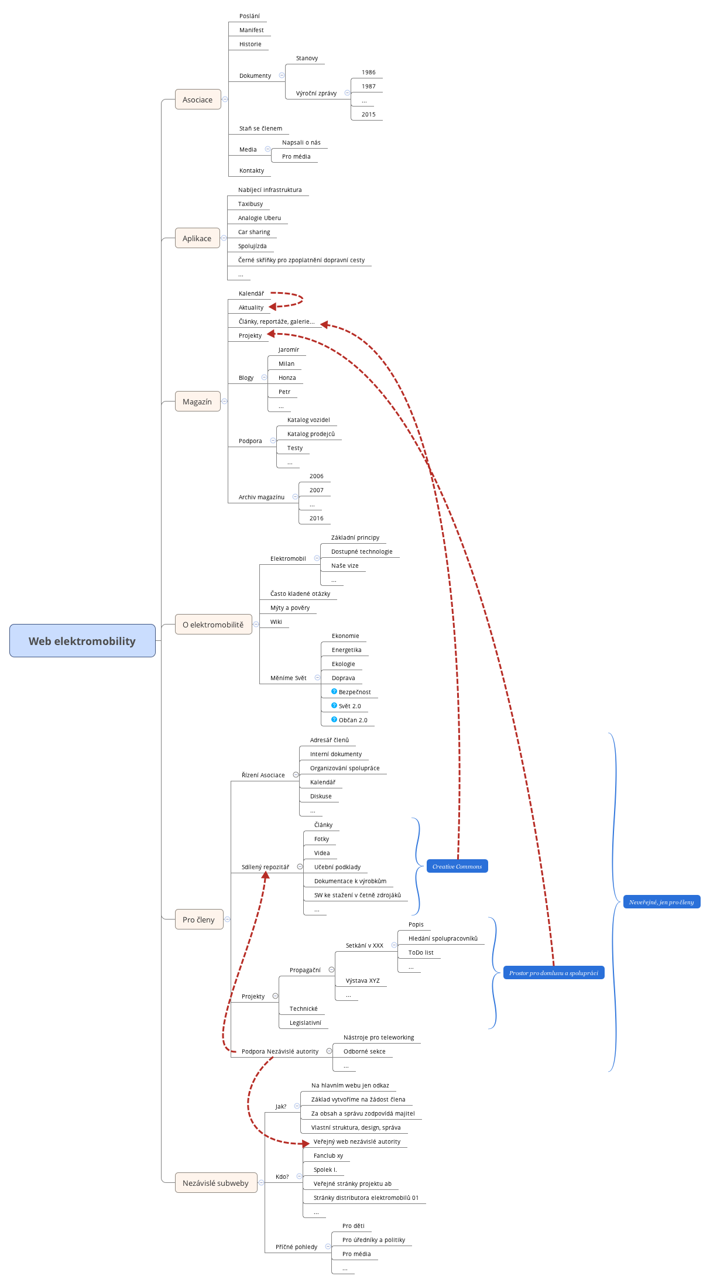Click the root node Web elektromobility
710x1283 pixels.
[82, 641]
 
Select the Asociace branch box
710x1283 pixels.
[198, 100]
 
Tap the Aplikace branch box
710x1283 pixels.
[197, 238]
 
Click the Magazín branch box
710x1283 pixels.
[197, 402]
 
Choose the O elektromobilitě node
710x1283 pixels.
[213, 625]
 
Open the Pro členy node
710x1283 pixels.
[198, 920]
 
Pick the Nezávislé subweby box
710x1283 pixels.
[215, 1183]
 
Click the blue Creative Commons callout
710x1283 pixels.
[457, 866]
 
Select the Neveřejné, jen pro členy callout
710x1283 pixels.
[661, 902]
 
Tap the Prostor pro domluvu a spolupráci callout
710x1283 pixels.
[553, 973]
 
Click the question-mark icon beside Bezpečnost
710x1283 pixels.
[334, 691]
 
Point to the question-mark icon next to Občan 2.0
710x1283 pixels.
[334, 719]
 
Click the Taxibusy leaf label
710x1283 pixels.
[251, 204]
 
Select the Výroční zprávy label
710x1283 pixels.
[316, 94]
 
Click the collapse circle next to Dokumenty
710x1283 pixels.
[282, 76]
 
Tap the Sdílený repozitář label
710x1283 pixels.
[265, 867]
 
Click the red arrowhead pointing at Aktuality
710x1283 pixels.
[272, 306]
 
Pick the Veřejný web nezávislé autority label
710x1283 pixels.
[357, 1142]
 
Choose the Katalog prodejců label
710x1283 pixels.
[311, 434]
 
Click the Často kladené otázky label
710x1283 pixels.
[300, 594]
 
